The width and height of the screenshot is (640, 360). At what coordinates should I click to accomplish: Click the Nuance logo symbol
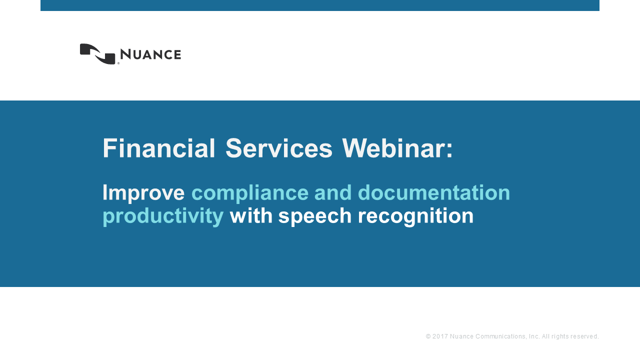pos(97,54)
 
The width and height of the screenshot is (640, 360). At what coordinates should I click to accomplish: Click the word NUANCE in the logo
pos(150,54)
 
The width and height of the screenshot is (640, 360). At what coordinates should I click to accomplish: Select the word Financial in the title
pos(159,148)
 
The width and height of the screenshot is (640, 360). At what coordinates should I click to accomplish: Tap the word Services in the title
pos(279,148)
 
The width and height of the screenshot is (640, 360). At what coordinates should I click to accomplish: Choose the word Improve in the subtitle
pos(143,193)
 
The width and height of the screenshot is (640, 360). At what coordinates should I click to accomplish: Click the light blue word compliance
pos(250,193)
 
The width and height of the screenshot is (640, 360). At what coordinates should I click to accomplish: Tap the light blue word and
pos(333,192)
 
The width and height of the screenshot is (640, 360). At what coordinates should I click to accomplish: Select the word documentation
pos(434,192)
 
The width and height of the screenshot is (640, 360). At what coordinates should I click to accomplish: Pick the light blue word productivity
pos(163,216)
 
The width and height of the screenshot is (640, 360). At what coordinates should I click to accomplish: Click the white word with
pos(251,215)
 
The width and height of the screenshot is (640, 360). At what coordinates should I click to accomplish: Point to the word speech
pos(315,216)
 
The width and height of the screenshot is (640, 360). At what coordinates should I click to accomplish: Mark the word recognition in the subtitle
pos(415,216)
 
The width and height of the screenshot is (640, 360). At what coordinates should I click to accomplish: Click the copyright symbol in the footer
pos(428,336)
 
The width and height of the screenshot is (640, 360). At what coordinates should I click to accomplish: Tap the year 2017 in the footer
pos(440,336)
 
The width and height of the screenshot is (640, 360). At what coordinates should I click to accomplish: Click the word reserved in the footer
pos(585,336)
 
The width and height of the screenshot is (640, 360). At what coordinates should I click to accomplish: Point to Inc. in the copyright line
pos(534,336)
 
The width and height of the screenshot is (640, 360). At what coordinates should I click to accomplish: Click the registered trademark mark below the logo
pos(118,63)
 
